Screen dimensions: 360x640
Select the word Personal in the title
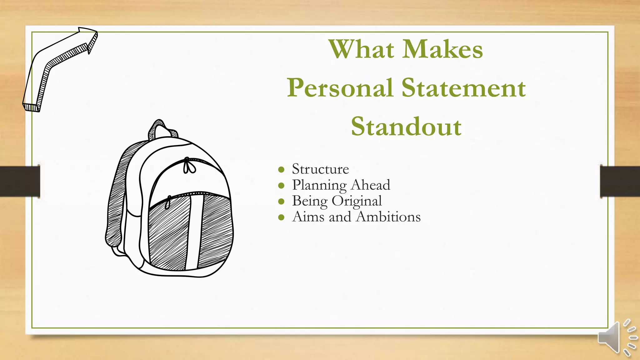click(340, 88)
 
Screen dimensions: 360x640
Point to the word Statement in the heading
click(463, 88)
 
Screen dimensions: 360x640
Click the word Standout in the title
click(406, 127)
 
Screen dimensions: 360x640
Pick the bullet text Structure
click(320, 169)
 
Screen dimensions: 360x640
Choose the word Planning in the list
click(319, 185)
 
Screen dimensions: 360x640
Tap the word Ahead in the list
click(371, 185)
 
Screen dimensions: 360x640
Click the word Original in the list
click(357, 201)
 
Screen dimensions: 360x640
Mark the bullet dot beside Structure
click(281, 170)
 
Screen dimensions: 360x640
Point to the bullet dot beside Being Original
click(281, 202)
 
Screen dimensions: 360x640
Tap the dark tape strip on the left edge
click(20, 182)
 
